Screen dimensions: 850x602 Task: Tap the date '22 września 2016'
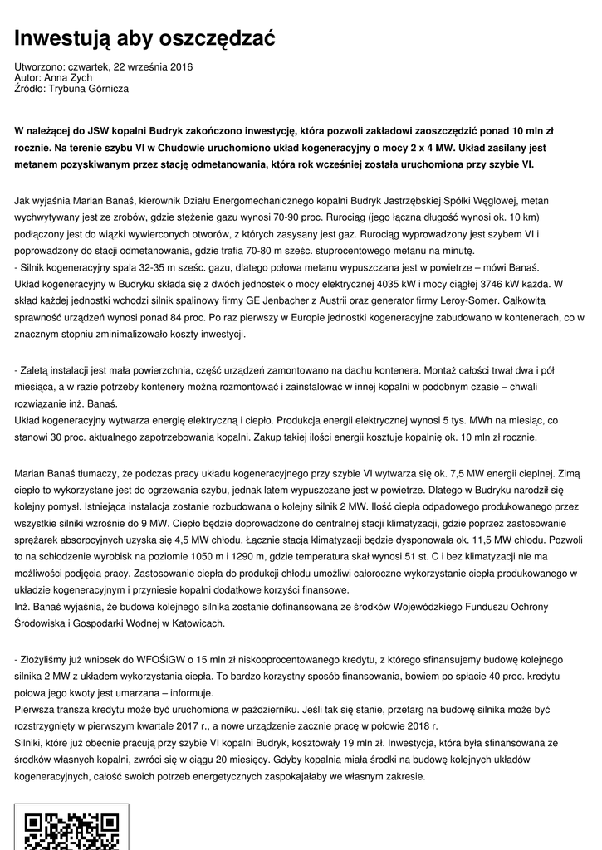click(x=151, y=66)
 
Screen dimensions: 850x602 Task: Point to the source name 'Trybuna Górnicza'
click(x=89, y=88)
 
